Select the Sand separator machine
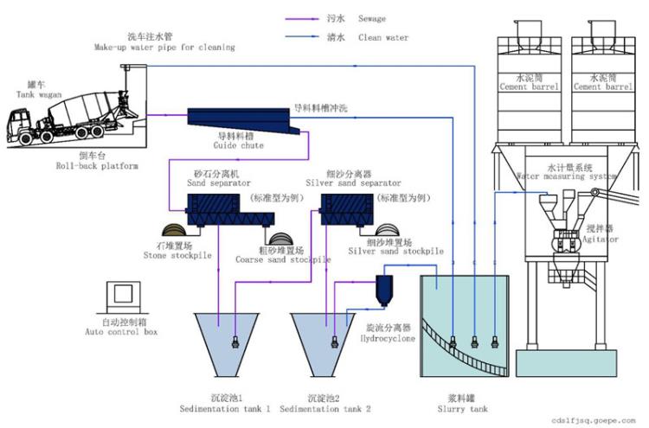(230, 210)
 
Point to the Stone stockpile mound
(175, 230)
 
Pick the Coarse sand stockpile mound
(280, 239)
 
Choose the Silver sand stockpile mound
(387, 230)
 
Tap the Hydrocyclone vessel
(384, 291)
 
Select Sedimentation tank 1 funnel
(227, 344)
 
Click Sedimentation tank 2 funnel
(323, 344)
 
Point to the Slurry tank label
(462, 409)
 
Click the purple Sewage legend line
(302, 19)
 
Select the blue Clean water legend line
(302, 37)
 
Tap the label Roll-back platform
(97, 166)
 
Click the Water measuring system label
(566, 176)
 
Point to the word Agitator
(601, 239)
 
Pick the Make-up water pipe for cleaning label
(164, 48)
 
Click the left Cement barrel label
(529, 86)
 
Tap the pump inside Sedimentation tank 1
(235, 342)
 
